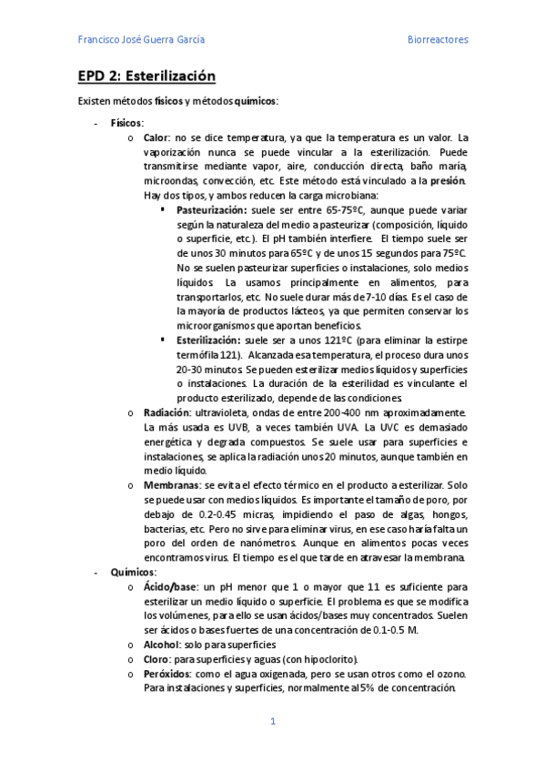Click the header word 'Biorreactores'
click(437, 40)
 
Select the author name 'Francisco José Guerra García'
click(141, 40)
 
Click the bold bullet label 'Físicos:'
click(126, 123)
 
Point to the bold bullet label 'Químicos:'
click(133, 572)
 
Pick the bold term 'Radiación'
click(166, 412)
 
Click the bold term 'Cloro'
click(156, 659)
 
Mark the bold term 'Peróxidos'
click(167, 674)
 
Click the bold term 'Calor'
click(156, 137)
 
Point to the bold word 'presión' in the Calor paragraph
click(448, 180)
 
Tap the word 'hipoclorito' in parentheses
click(328, 659)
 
